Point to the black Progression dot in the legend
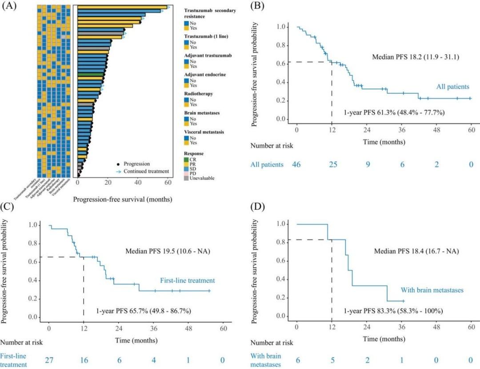coord(118,163)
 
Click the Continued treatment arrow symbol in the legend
coord(118,171)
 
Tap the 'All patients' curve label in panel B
coord(450,87)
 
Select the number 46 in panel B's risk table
coord(296,165)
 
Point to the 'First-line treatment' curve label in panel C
coord(188,281)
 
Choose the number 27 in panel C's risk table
coord(49,360)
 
